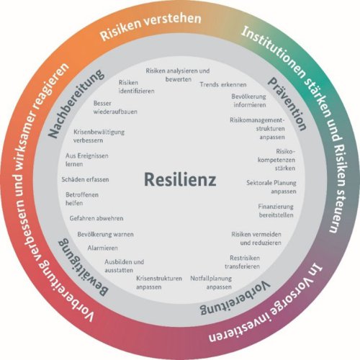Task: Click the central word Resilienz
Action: click(180, 179)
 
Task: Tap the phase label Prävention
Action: click(287, 104)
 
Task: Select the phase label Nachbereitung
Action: click(76, 104)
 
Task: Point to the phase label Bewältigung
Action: click(83, 267)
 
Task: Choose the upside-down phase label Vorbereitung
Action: click(235, 298)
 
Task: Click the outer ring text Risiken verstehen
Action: click(150, 26)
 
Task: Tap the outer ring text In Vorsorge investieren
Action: click(266, 303)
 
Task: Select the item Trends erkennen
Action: click(223, 84)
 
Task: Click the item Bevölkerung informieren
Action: click(249, 101)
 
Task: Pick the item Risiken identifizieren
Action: click(136, 87)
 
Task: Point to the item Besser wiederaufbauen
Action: click(115, 107)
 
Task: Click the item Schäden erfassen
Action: click(85, 179)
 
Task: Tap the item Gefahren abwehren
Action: click(96, 218)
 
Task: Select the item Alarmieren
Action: click(103, 248)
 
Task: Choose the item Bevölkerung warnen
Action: click(105, 234)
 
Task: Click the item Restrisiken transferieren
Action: click(243, 262)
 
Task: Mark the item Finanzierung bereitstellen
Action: click(276, 210)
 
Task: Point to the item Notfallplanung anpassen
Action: click(211, 282)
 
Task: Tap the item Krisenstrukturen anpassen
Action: click(159, 282)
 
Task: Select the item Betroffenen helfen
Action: click(82, 199)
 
